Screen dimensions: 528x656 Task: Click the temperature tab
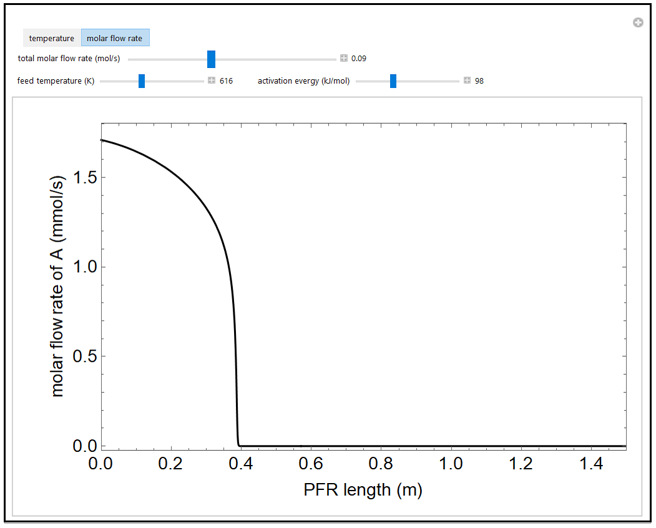[52, 38]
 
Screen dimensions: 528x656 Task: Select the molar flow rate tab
[114, 38]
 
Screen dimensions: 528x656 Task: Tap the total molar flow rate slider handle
[211, 59]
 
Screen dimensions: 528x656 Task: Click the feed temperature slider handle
[142, 81]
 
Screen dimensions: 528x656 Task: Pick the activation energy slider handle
[393, 81]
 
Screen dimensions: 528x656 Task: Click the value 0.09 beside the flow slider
[359, 59]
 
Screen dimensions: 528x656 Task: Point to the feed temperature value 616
[226, 81]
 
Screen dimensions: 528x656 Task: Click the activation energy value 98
[479, 81]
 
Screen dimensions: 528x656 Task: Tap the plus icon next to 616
[212, 81]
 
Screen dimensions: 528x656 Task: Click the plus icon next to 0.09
[344, 59]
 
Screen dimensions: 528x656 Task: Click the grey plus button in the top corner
[638, 22]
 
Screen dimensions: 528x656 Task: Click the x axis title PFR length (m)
[363, 490]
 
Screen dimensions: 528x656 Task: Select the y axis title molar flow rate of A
[58, 286]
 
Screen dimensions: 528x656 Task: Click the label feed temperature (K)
[56, 81]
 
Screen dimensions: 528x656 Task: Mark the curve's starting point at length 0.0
[102, 140]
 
